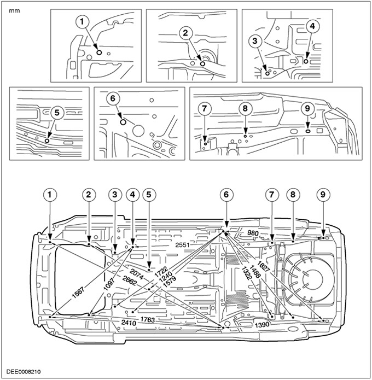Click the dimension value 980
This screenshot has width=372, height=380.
coord(252,233)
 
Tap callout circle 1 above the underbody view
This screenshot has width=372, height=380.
coord(50,194)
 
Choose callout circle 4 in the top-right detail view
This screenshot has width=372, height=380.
coord(311,26)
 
